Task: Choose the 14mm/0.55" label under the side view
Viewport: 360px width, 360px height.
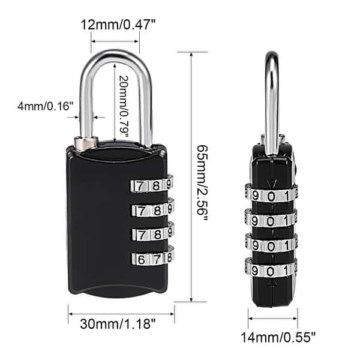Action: (x=273, y=337)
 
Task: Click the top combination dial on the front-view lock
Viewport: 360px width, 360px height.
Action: (x=152, y=185)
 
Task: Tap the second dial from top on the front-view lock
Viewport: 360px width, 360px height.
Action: (x=152, y=209)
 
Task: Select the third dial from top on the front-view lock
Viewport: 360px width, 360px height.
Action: (x=152, y=233)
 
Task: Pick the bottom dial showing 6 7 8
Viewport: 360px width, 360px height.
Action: (x=152, y=258)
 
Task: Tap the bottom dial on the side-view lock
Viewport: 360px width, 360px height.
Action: (x=271, y=268)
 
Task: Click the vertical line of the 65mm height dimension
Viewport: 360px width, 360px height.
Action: (x=191, y=180)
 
